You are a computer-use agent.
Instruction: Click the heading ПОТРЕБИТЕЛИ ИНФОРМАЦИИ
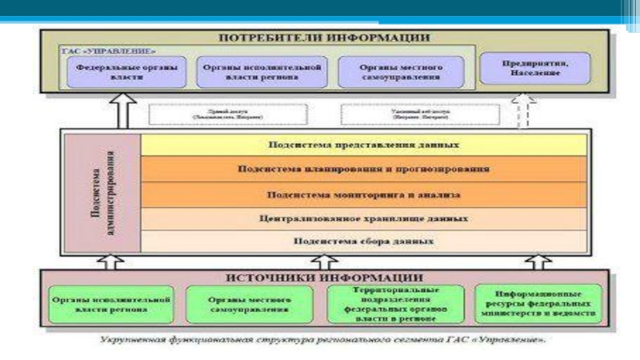323,37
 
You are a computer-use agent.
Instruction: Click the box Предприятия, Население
535,69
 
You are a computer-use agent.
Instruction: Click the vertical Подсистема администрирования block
101,193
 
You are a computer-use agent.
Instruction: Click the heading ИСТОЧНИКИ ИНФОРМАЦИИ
323,277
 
